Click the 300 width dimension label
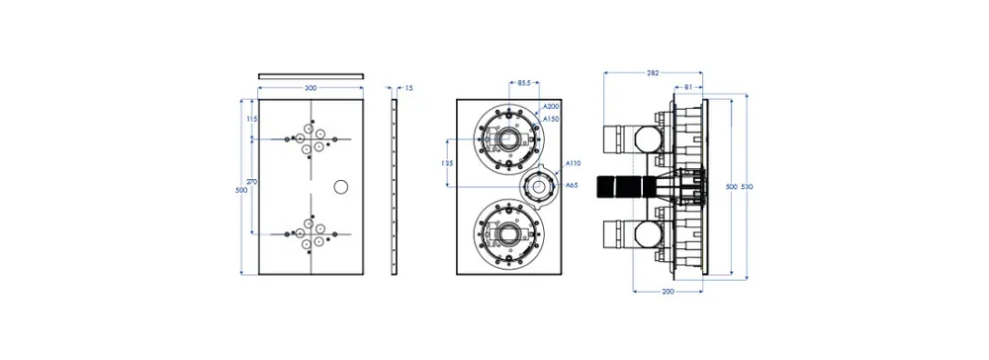(311, 88)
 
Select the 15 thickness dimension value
(408, 88)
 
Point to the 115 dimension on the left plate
(252, 119)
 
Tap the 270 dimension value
(252, 182)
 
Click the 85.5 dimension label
(524, 83)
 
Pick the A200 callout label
(551, 106)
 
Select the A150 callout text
(551, 118)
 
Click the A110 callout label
(573, 163)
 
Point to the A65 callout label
(572, 185)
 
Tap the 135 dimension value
(447, 162)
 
